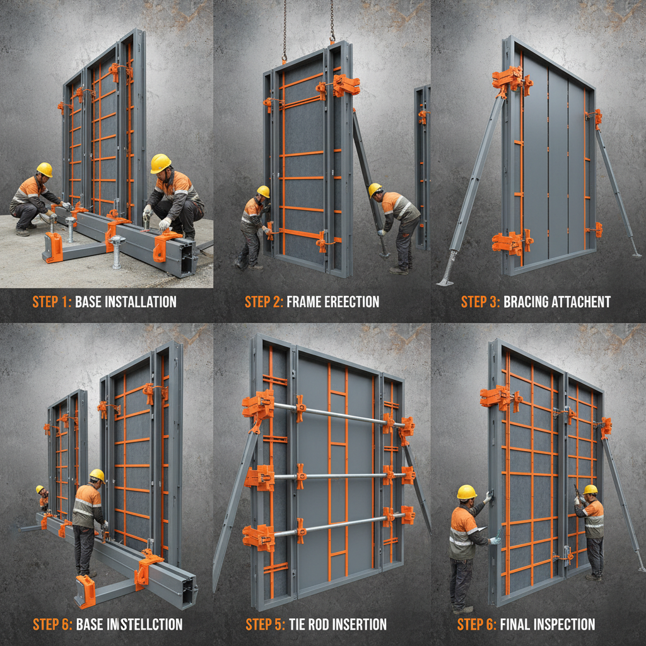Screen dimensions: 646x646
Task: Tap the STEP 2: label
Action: click(x=264, y=302)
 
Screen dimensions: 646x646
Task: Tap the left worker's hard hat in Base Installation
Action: click(x=44, y=169)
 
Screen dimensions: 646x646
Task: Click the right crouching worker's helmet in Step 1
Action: click(x=160, y=163)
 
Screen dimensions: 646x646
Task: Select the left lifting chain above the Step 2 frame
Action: click(x=285, y=28)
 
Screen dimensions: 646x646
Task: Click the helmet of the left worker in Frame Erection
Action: click(x=263, y=191)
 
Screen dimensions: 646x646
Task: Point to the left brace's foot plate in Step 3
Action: click(x=445, y=282)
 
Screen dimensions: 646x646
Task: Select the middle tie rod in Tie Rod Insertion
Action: click(x=341, y=476)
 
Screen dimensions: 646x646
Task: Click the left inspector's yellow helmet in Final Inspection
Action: click(x=467, y=491)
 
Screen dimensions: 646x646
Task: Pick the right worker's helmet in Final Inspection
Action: click(x=590, y=489)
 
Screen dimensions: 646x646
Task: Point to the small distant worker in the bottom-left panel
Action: click(x=42, y=496)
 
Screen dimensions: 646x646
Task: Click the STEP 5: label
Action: click(x=265, y=625)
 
